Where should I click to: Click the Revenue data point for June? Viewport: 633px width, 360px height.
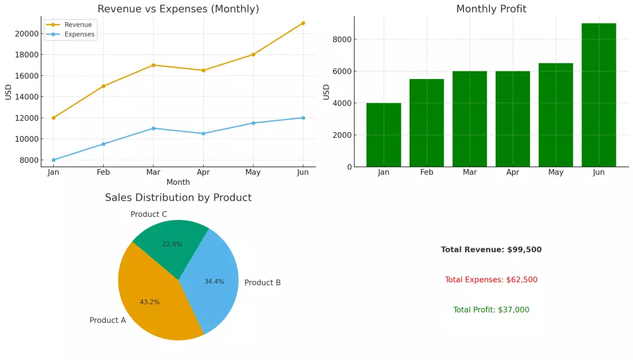pyautogui.click(x=303, y=23)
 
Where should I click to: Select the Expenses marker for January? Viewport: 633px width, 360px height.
pyautogui.click(x=53, y=160)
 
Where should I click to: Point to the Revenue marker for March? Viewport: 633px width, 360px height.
pyautogui.click(x=153, y=65)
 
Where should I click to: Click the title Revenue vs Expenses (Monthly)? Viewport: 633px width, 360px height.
pyautogui.click(x=178, y=9)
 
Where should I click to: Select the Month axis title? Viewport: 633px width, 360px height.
pyautogui.click(x=178, y=182)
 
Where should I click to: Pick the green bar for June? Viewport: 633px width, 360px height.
pyautogui.click(x=598, y=95)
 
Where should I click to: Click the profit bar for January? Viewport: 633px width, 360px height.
pyautogui.click(x=384, y=135)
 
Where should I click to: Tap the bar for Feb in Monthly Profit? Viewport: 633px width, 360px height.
pyautogui.click(x=427, y=123)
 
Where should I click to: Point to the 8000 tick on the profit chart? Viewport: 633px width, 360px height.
pyautogui.click(x=343, y=39)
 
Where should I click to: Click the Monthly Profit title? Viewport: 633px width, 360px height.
pyautogui.click(x=491, y=9)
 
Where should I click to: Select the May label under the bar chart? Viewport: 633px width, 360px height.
pyautogui.click(x=555, y=172)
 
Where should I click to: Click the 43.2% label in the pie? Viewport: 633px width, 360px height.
pyautogui.click(x=149, y=302)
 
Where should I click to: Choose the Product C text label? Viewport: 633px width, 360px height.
pyautogui.click(x=149, y=214)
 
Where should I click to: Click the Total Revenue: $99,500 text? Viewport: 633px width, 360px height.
pyautogui.click(x=491, y=250)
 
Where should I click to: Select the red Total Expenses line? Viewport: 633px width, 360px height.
pyautogui.click(x=491, y=280)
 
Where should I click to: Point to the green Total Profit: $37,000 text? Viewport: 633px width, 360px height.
pyautogui.click(x=491, y=310)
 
